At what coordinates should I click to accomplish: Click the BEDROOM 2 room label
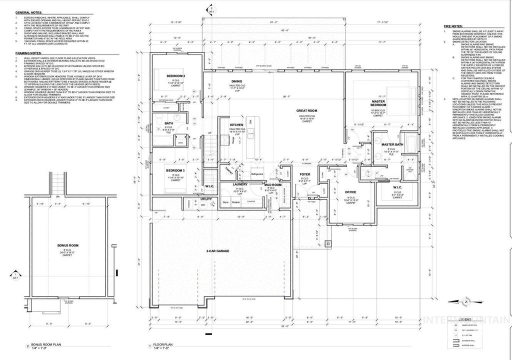(x=176, y=76)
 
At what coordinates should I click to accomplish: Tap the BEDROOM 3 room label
(x=176, y=170)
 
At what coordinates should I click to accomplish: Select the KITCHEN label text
(x=236, y=124)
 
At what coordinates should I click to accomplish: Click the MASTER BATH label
(x=391, y=145)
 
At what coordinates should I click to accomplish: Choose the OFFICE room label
(x=350, y=192)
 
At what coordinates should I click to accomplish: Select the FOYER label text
(x=305, y=174)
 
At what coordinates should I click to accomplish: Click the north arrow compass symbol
(x=465, y=301)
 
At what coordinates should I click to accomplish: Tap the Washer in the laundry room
(x=235, y=202)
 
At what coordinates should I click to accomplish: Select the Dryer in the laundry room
(x=225, y=202)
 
